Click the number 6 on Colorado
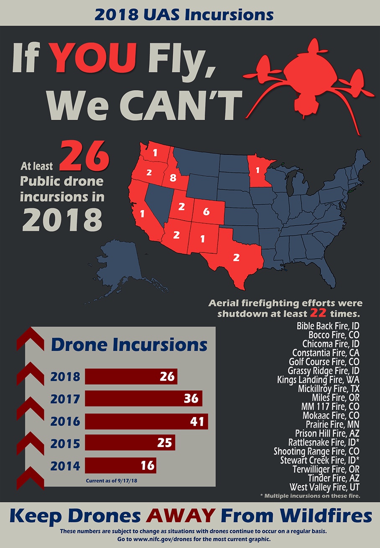point(206,212)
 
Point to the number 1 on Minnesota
point(258,170)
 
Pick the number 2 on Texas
point(236,257)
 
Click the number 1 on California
point(142,214)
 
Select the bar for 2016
point(146,421)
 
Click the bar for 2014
point(120,465)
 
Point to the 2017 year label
point(65,399)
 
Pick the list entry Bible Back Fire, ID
point(328,326)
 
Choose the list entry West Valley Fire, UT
point(324,487)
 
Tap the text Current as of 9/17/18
point(112,481)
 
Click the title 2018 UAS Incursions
point(184,15)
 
